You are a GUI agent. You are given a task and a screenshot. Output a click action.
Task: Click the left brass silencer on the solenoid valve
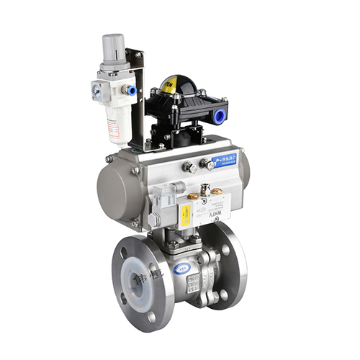(194, 195)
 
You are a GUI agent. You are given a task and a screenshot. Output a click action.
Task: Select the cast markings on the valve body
(194, 282)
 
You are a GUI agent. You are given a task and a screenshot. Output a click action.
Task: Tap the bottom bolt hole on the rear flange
(224, 294)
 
